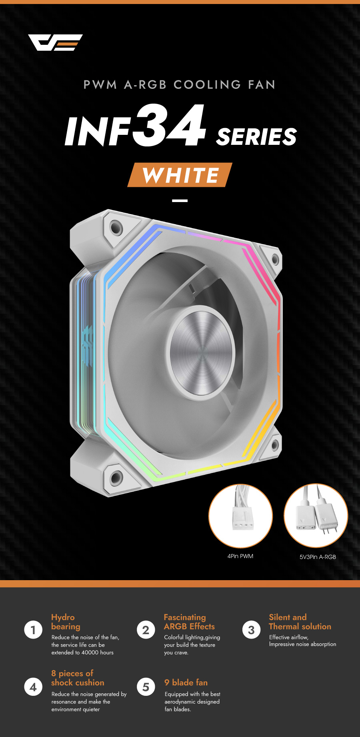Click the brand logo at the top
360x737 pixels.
tap(55, 42)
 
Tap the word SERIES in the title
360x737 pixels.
tap(256, 136)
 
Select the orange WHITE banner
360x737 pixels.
tap(180, 175)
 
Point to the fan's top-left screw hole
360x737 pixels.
tap(116, 227)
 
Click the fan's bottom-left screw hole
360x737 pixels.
tap(116, 477)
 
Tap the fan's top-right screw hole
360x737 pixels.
tap(275, 259)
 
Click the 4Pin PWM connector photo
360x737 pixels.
tap(241, 516)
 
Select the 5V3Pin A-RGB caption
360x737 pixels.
tap(318, 557)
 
